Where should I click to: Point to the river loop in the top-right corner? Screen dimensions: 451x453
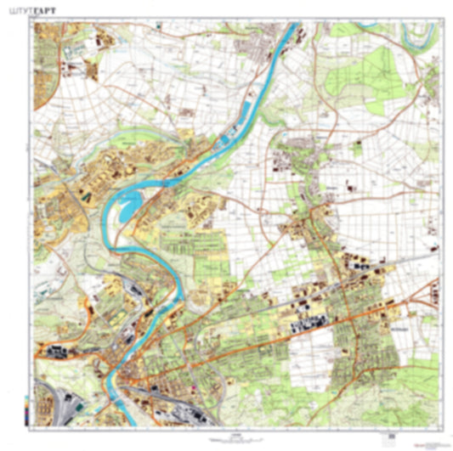coord(420,32)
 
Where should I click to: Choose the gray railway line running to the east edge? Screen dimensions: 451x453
coord(416,256)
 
